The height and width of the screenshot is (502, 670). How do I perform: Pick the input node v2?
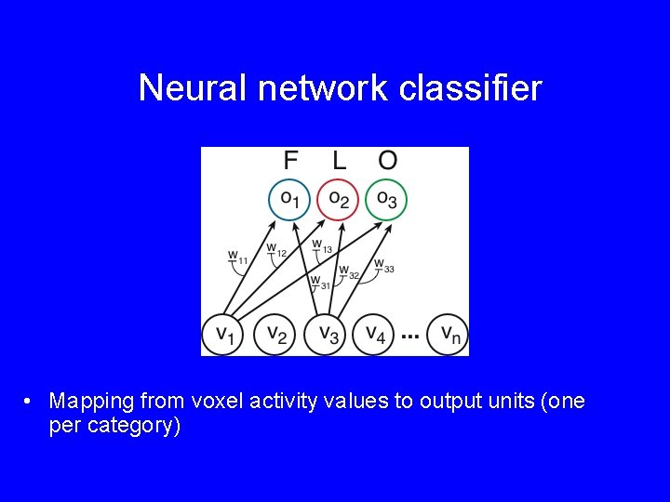coord(275,333)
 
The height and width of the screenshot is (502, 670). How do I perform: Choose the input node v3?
coord(327,333)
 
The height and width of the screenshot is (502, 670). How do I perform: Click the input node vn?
coord(449,333)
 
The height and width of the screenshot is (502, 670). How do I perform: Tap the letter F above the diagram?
coord(290,160)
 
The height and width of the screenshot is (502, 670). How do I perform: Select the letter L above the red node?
coord(339,160)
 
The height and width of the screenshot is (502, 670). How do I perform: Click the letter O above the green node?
coord(387,160)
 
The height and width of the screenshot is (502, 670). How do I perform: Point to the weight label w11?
coord(237,257)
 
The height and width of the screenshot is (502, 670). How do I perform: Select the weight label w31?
coord(319,281)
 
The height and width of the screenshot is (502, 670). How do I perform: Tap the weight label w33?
coord(383,266)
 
